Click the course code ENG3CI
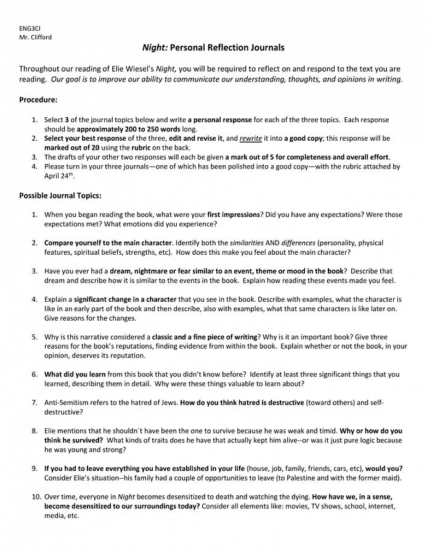tap(30, 29)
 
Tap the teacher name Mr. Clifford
tap(35, 37)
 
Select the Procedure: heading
tap(38, 99)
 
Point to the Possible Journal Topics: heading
tap(60, 196)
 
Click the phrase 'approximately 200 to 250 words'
tap(128, 130)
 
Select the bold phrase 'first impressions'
tap(233, 215)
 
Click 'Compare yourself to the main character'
tap(108, 243)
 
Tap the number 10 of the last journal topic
tap(35, 497)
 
